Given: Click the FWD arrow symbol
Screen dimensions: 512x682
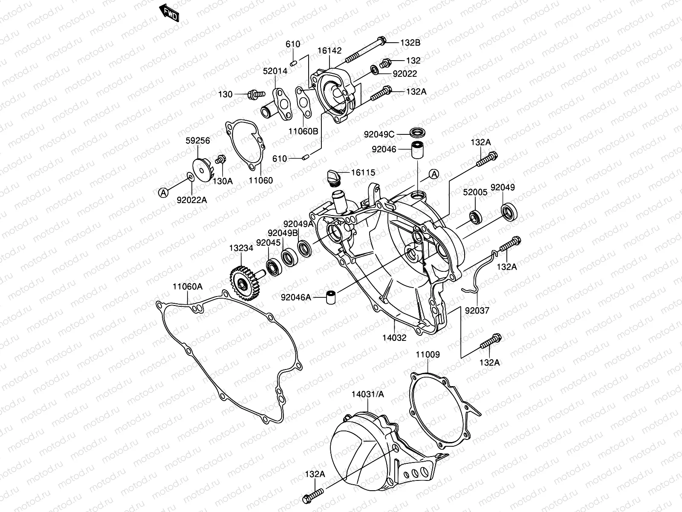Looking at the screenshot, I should [x=169, y=12].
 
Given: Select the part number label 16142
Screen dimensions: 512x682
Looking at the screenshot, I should [x=329, y=51].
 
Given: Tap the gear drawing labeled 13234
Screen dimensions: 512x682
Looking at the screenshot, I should [x=241, y=283].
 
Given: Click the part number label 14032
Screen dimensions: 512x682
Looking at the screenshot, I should [x=394, y=337].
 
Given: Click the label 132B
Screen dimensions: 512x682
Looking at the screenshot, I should [x=410, y=43].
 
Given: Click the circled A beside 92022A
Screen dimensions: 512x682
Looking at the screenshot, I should [x=164, y=193].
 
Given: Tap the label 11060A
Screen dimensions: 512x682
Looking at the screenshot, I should [x=188, y=287].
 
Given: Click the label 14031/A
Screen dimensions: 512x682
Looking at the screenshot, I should [x=368, y=395].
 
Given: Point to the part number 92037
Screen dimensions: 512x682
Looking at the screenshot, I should [x=477, y=311].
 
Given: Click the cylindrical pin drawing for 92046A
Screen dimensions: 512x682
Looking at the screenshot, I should [x=330, y=297].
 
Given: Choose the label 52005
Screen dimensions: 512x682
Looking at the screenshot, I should [x=475, y=192].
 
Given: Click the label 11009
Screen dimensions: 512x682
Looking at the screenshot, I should [x=428, y=355].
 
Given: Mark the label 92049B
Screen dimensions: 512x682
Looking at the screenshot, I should [x=283, y=233].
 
